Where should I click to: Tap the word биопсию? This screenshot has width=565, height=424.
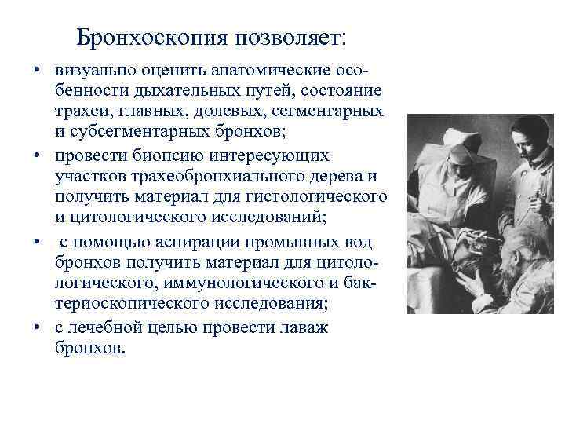pos(156,155)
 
